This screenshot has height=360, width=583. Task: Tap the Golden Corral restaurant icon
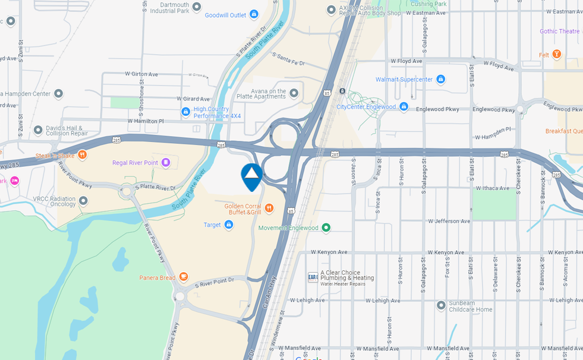[269, 208]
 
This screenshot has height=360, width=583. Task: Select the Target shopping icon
[229, 225]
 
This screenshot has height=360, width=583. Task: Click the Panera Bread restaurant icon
[184, 277]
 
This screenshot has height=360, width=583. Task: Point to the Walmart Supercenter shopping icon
[440, 79]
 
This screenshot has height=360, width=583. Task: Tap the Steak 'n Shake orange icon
[83, 155]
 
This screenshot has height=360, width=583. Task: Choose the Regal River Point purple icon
[166, 162]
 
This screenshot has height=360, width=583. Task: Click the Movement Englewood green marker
[326, 228]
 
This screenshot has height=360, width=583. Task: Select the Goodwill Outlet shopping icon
[254, 14]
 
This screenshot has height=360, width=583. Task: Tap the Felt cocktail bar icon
[557, 55]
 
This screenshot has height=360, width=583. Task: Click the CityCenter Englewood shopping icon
[404, 107]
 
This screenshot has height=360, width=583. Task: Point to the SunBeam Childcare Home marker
[441, 305]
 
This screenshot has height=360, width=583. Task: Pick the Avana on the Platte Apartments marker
[294, 93]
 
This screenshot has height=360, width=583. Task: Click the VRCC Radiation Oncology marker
[84, 201]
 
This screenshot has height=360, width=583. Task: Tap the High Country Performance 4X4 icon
[186, 112]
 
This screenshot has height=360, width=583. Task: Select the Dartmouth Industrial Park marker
[197, 7]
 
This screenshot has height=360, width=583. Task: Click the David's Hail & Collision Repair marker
[38, 130]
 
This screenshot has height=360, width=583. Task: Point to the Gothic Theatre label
[559, 31]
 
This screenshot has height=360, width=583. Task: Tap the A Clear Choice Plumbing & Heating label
[347, 278]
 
